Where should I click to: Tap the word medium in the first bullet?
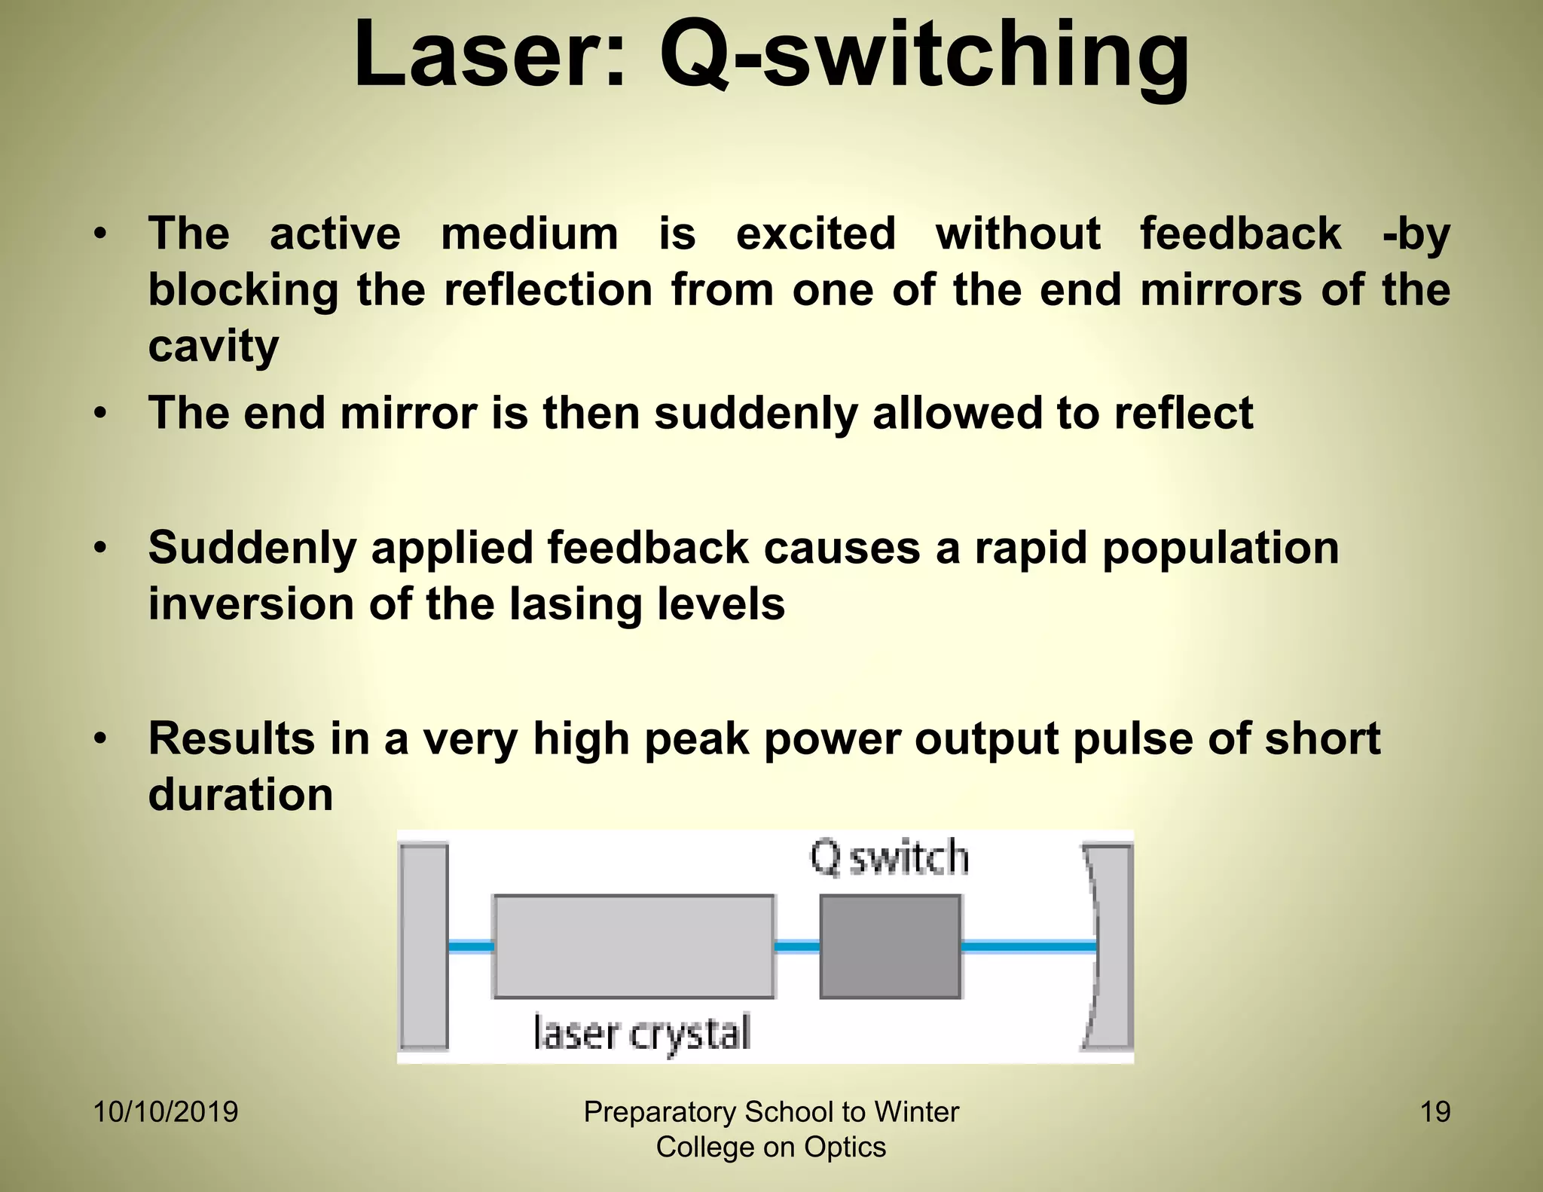click(529, 234)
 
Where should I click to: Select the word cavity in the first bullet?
click(213, 347)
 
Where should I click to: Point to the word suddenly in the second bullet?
click(755, 414)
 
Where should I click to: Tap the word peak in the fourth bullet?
click(697, 738)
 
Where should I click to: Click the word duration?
click(240, 795)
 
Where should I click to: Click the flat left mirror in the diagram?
click(423, 946)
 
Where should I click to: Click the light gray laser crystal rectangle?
click(634, 946)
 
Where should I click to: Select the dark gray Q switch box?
click(890, 946)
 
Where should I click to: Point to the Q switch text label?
click(889, 858)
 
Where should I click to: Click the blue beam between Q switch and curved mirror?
click(1028, 946)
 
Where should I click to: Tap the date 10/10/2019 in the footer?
click(166, 1112)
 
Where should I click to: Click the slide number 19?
click(1435, 1112)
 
